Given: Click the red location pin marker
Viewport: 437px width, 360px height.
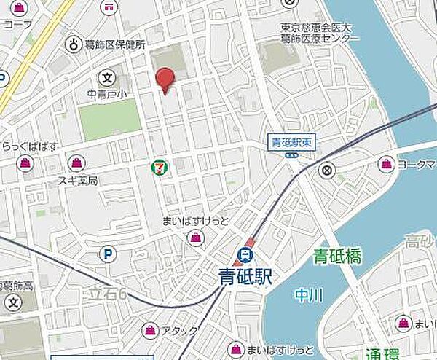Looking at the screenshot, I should [x=166, y=79].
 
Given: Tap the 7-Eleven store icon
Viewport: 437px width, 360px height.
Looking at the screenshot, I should [x=158, y=168].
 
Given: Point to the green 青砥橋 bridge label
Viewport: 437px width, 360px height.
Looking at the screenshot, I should [x=337, y=256].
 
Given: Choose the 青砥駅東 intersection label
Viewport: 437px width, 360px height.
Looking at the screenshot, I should [x=291, y=142].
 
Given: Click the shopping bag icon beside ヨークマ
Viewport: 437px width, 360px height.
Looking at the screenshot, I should [x=385, y=165].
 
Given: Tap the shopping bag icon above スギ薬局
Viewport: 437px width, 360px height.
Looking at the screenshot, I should [x=76, y=163].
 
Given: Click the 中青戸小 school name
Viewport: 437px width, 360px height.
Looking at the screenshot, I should [x=106, y=93].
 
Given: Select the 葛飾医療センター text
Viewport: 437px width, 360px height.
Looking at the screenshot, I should [x=320, y=38].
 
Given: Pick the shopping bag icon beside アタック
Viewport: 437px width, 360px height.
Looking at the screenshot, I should [x=150, y=330].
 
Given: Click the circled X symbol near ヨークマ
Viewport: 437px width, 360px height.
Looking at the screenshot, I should [x=327, y=171].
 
